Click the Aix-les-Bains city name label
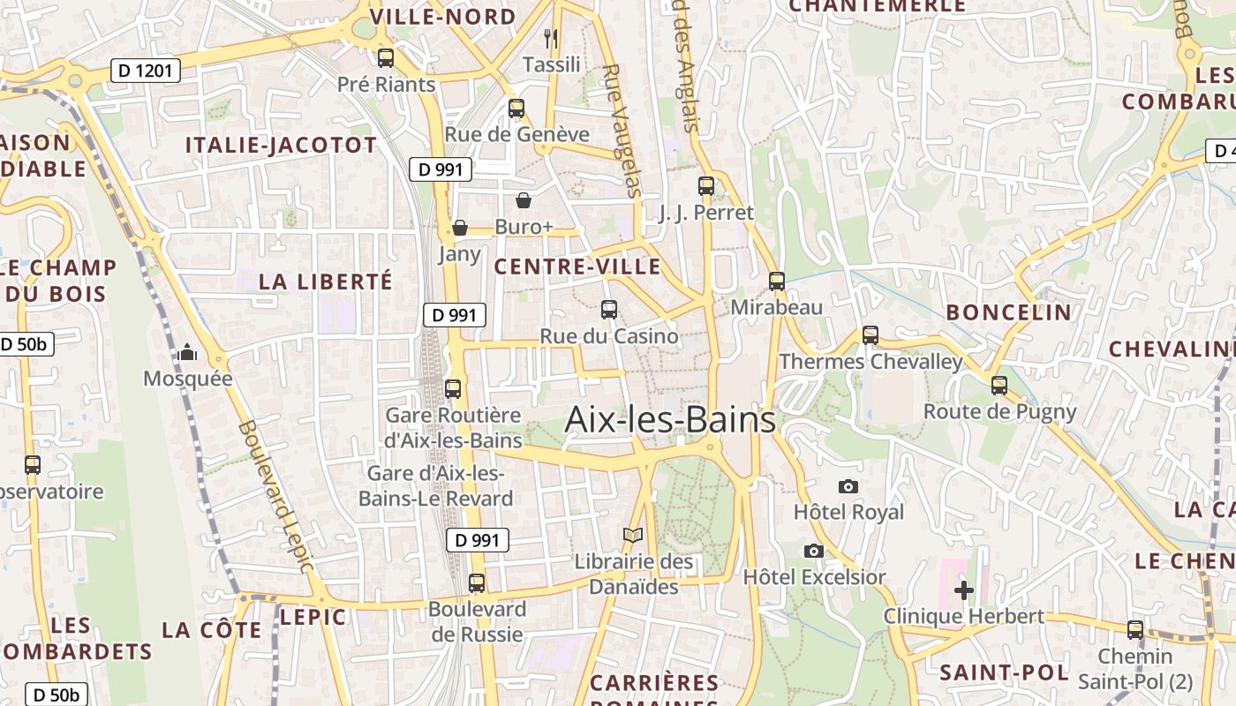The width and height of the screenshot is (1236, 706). point(670,419)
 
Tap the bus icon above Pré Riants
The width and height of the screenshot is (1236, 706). point(386,58)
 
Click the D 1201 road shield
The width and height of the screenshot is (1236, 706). point(146,71)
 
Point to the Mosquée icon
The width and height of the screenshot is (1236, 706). point(187,353)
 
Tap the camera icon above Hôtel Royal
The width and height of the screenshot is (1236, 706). point(848,486)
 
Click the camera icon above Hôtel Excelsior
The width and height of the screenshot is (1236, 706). point(814,551)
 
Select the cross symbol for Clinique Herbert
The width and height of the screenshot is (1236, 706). point(964,590)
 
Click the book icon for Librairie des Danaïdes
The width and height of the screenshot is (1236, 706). point(633,535)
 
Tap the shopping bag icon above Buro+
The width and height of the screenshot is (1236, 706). point(524,201)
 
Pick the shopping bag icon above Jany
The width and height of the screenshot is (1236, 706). point(459,229)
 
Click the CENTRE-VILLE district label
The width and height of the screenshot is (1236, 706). point(577,267)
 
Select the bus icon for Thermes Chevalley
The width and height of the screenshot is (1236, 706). point(870,335)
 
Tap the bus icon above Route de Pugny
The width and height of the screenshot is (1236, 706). point(999,385)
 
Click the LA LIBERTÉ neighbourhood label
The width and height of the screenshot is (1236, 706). point(326,282)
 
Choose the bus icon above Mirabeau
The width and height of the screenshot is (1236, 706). point(777,282)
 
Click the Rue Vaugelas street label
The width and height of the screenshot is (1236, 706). point(622,129)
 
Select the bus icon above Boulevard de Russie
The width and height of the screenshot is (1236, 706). point(477,582)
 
